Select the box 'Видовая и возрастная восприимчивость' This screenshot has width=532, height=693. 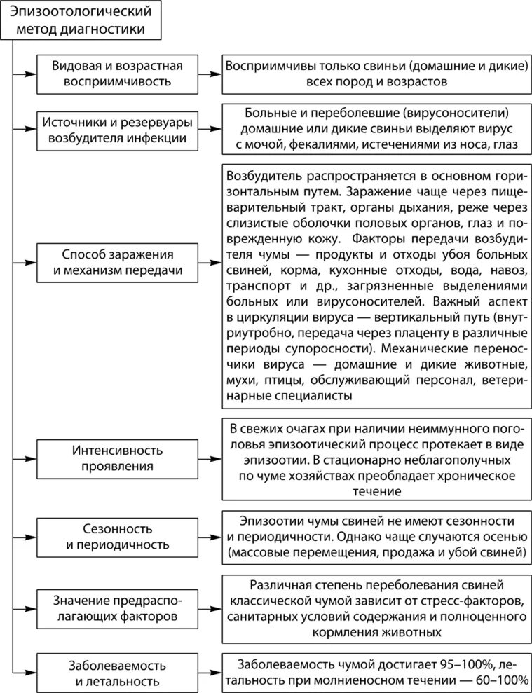[117, 74]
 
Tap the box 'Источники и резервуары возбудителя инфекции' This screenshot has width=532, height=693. [117, 130]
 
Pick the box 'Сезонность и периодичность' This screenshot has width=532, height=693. [117, 536]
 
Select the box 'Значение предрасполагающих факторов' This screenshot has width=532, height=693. [117, 608]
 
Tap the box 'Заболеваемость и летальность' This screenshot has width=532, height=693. [117, 671]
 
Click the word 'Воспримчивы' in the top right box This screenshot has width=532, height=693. [264, 66]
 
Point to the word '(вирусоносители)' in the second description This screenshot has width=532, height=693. [461, 113]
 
